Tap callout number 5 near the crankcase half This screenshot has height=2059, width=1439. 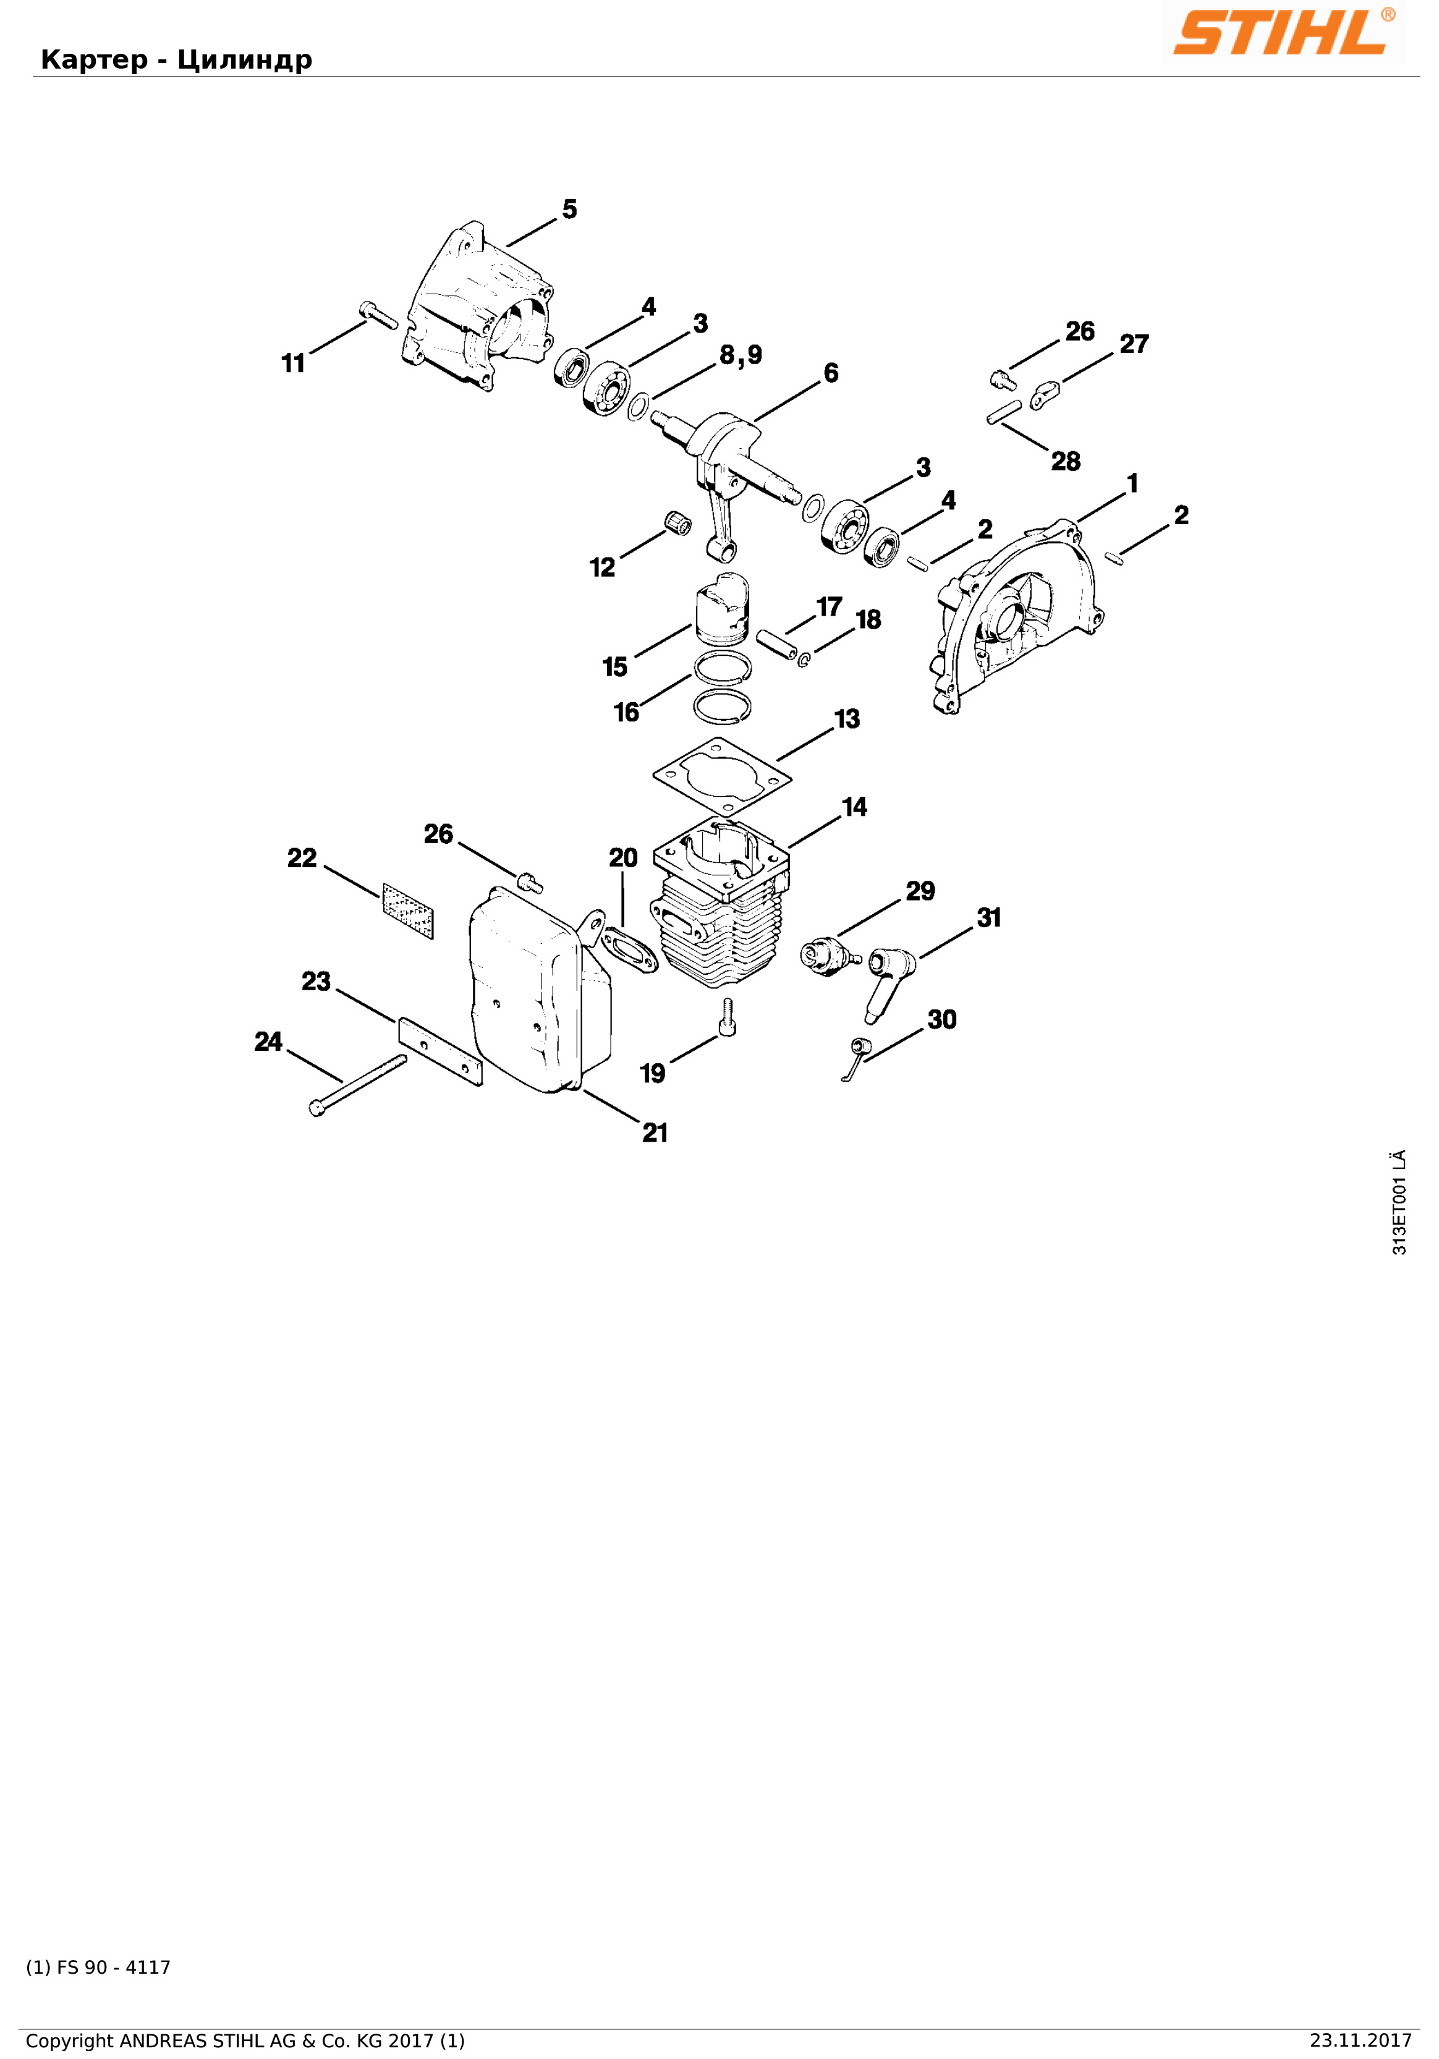click(x=569, y=209)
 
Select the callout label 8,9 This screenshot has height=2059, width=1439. click(x=741, y=355)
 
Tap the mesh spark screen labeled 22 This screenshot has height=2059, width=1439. click(x=408, y=911)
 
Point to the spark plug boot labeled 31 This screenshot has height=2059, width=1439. click(x=890, y=982)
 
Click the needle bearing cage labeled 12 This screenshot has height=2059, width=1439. click(x=678, y=521)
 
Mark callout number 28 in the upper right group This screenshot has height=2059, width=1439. click(x=1065, y=461)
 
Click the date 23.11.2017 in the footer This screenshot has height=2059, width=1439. click(x=1360, y=2040)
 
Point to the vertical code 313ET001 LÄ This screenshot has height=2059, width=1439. click(x=1399, y=1202)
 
